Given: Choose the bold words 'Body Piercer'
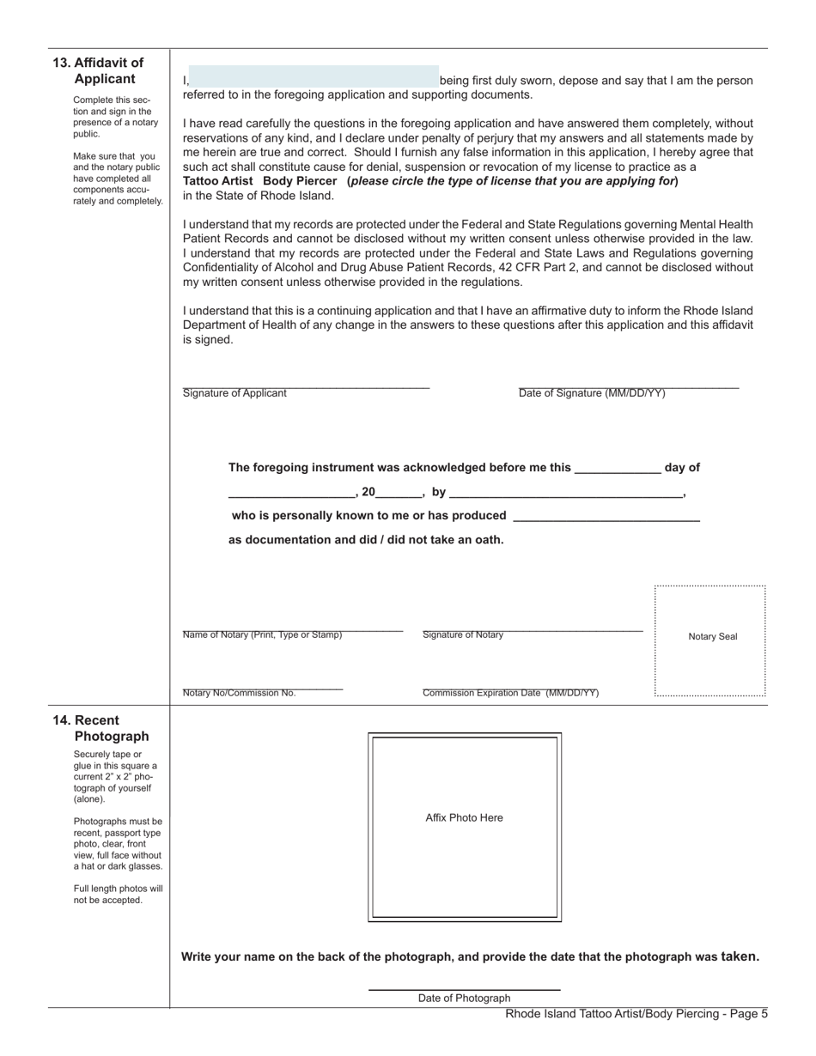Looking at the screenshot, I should [x=300, y=181].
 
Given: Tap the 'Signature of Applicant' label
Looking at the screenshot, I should [x=234, y=393].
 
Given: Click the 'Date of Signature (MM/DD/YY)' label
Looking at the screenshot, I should [x=591, y=393].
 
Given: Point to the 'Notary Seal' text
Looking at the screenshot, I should [x=712, y=637].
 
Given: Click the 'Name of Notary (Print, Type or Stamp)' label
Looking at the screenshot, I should [x=262, y=635].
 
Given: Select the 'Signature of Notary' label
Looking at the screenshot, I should [x=463, y=635].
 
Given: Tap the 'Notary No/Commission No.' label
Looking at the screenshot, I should [x=239, y=693].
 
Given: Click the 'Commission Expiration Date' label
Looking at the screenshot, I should [x=510, y=693].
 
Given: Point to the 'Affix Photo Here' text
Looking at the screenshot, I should [x=464, y=818].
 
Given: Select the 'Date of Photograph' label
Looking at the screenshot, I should [x=464, y=998].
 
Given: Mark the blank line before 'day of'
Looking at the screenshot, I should [x=617, y=468].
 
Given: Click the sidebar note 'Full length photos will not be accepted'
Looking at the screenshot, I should [x=118, y=894].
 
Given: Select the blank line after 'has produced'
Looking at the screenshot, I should [x=606, y=516].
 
